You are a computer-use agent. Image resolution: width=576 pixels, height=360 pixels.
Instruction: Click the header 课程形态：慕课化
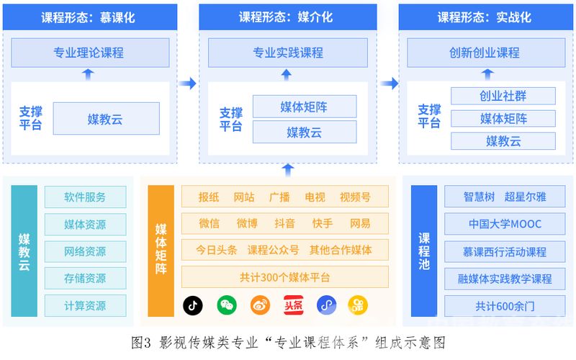click(x=88, y=17)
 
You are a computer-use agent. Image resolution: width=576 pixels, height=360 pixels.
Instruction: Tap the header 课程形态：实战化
click(x=485, y=17)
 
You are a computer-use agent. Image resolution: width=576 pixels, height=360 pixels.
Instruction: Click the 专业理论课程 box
click(x=89, y=53)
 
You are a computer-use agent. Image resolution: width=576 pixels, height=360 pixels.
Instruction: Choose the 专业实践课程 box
click(x=287, y=53)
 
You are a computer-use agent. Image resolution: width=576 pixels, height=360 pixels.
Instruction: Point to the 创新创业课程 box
click(x=484, y=53)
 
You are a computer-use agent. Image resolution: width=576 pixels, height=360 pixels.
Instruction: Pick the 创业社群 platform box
click(x=503, y=96)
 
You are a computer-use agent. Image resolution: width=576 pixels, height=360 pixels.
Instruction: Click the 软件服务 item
click(x=85, y=197)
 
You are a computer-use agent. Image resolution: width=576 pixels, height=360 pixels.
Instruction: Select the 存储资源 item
click(x=85, y=278)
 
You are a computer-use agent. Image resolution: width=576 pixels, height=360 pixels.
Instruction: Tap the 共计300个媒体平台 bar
click(x=284, y=277)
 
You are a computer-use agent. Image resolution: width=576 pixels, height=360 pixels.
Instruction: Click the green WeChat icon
click(x=227, y=305)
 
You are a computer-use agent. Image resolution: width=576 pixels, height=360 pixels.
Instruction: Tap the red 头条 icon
click(x=292, y=305)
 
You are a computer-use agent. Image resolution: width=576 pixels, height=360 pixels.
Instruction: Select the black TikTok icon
click(x=192, y=305)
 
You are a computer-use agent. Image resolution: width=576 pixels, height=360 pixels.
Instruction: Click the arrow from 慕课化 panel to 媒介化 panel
click(x=187, y=84)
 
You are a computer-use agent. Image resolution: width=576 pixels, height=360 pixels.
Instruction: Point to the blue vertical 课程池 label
click(x=425, y=251)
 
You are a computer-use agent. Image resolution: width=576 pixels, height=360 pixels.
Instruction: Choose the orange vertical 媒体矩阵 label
click(x=161, y=251)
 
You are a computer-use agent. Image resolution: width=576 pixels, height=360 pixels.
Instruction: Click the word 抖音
click(x=284, y=223)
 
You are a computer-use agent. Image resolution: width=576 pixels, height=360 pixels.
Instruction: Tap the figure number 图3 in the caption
click(x=140, y=341)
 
